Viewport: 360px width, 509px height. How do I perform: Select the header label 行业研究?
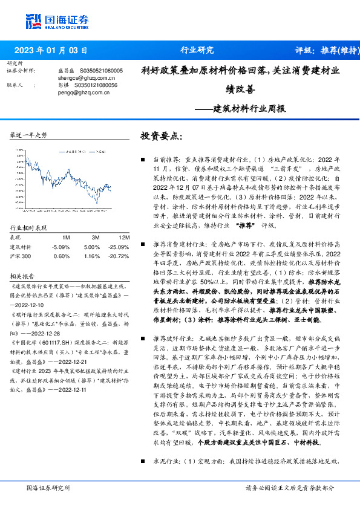[x=197, y=51]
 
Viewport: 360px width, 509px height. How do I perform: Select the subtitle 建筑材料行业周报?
[x=249, y=109]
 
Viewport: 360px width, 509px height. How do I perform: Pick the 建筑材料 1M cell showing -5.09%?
[x=61, y=247]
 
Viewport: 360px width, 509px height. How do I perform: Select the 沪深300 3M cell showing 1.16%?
[x=91, y=256]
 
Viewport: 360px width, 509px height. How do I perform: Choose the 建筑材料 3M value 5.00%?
[x=91, y=247]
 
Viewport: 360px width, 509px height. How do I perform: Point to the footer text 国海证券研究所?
[x=45, y=487]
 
